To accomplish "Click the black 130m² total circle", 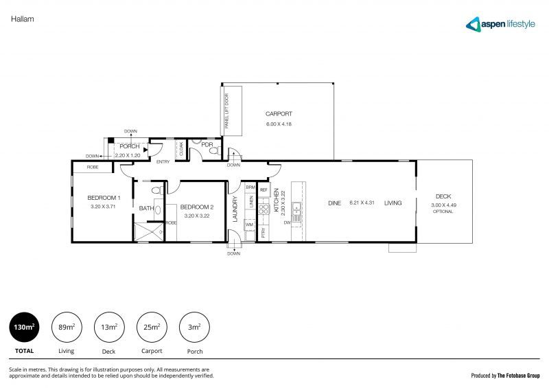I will pyautogui.click(x=24, y=328).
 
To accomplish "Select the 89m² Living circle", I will pyautogui.click(x=66, y=328).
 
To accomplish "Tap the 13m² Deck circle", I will pyautogui.click(x=108, y=328).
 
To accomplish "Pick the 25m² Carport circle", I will pyautogui.click(x=151, y=328).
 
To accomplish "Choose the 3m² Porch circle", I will pyautogui.click(x=194, y=328).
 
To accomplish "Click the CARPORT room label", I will pyautogui.click(x=279, y=114).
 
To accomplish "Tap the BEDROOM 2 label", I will pyautogui.click(x=197, y=207).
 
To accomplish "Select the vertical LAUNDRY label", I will pyautogui.click(x=235, y=210).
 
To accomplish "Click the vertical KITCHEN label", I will pyautogui.click(x=277, y=200).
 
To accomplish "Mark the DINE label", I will pyautogui.click(x=334, y=203).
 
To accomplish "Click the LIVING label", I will pyautogui.click(x=393, y=203).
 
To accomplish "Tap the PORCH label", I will pyautogui.click(x=130, y=146).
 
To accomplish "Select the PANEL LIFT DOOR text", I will pyautogui.click(x=227, y=109).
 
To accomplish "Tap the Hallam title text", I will pyautogui.click(x=23, y=19).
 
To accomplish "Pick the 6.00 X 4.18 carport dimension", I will pyautogui.click(x=279, y=124).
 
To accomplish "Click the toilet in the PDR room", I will pyautogui.click(x=213, y=150).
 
